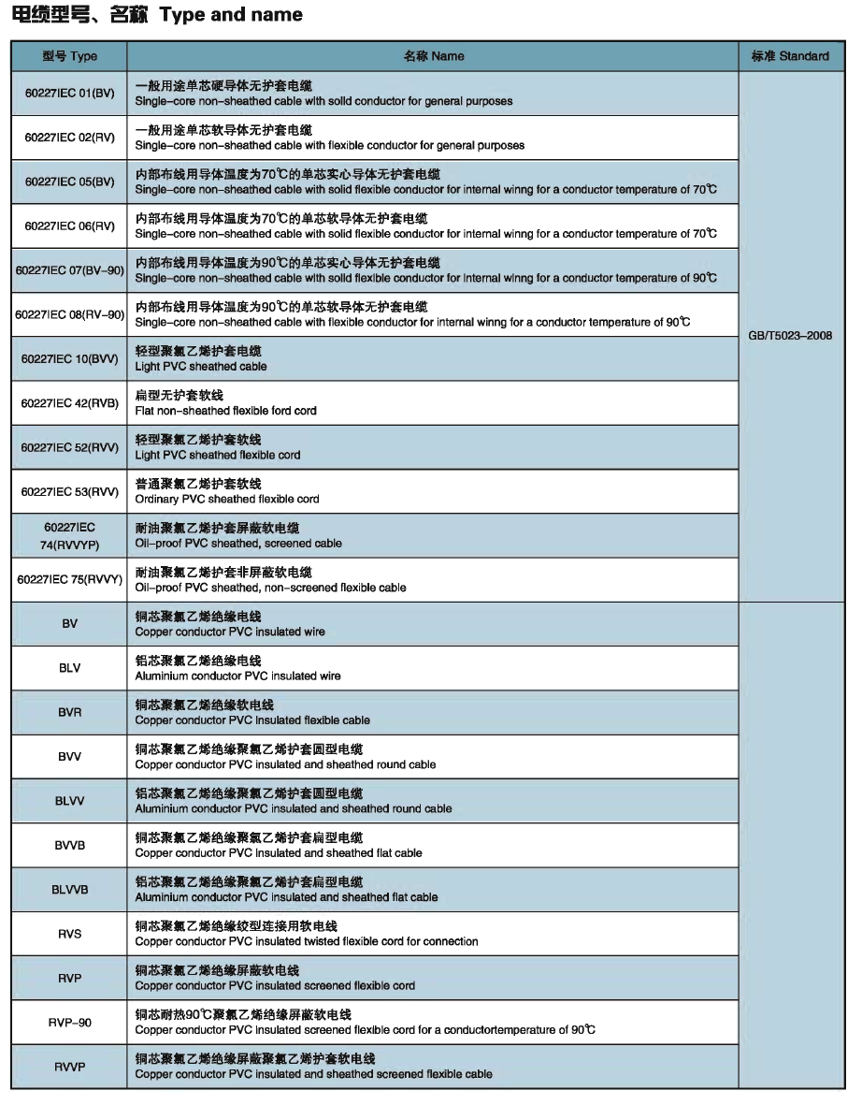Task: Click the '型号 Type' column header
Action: point(69,56)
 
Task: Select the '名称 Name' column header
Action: point(433,56)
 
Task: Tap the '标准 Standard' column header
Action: point(790,56)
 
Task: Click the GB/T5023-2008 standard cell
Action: point(790,335)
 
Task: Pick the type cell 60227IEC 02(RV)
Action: point(69,138)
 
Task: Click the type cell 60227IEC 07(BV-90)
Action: point(70,270)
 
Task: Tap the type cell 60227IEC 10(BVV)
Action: point(69,358)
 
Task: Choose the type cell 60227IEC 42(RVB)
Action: point(69,403)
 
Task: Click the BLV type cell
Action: point(69,668)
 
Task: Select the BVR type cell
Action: point(69,712)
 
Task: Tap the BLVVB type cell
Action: point(69,889)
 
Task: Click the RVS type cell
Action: point(69,933)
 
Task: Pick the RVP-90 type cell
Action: point(69,1022)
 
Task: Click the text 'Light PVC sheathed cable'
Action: point(201,367)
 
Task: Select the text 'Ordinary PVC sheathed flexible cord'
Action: point(227,500)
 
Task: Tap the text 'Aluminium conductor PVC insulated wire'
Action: point(237,676)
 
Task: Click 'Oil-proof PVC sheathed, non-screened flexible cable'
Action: point(270,588)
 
